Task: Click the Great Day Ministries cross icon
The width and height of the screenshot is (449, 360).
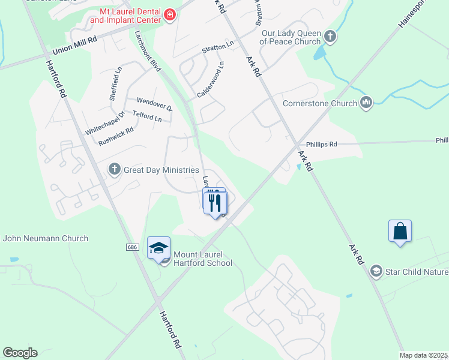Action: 114,170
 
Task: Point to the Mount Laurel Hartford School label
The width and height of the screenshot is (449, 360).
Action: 202,259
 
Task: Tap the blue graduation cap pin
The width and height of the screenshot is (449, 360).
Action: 158,248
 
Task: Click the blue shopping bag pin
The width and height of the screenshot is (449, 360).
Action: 400,232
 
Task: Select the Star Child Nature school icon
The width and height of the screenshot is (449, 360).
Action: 376,272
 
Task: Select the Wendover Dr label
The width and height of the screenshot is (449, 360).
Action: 154,104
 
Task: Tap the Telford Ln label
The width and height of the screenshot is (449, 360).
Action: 148,118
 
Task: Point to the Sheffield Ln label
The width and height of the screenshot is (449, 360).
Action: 115,83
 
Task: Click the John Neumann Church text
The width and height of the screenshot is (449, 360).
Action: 45,238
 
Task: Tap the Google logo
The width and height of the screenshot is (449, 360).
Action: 20,353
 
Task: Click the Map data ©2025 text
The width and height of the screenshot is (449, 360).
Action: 423,355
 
